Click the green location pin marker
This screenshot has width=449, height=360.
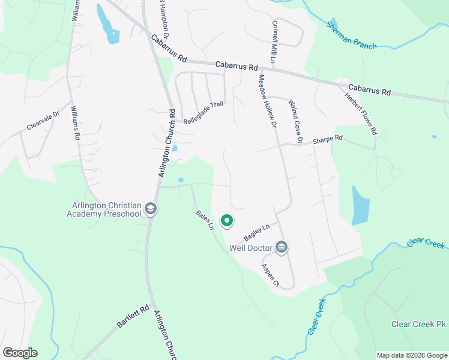(x=227, y=221)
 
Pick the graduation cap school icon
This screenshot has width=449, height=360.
(x=150, y=209)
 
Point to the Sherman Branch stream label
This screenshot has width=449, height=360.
(x=352, y=36)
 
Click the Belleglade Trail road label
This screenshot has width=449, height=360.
(x=203, y=112)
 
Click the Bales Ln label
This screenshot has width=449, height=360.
(x=205, y=220)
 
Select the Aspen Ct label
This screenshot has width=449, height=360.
(x=270, y=274)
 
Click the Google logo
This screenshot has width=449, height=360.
(x=20, y=353)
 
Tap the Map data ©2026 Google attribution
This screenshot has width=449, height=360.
(x=411, y=355)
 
